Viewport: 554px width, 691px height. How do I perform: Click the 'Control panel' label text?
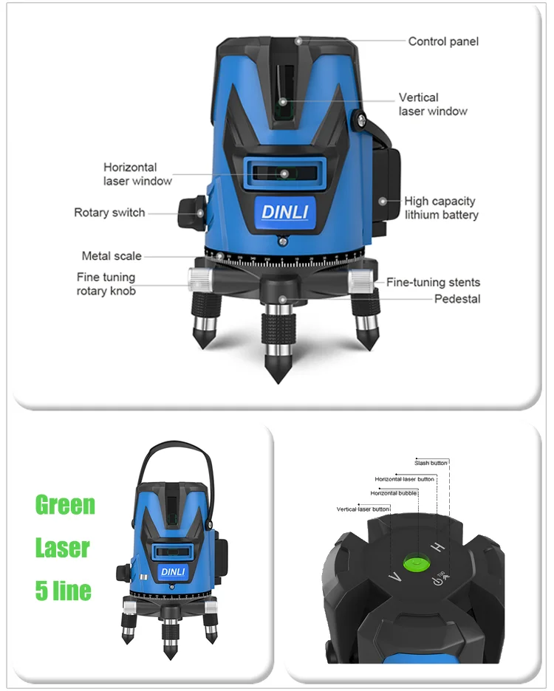443,41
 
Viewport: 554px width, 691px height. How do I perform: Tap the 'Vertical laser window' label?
433,104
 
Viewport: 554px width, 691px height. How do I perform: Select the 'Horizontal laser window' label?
137,174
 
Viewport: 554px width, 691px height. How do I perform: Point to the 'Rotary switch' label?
109,213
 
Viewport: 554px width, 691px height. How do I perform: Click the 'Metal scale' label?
112,256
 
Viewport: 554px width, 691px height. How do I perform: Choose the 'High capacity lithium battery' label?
441,208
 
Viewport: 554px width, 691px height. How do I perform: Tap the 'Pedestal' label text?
456,299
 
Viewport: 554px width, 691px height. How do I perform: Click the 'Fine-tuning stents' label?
433,282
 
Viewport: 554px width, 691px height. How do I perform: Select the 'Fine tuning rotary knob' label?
106,284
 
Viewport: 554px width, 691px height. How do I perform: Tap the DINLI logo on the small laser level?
174,572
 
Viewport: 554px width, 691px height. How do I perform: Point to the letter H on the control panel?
438,547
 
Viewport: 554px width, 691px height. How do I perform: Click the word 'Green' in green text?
65,506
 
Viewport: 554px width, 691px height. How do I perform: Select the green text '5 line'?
64,591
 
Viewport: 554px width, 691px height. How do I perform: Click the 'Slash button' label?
432,463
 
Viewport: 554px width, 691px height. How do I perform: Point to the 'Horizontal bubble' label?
394,492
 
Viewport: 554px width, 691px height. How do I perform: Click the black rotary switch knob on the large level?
191,211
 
